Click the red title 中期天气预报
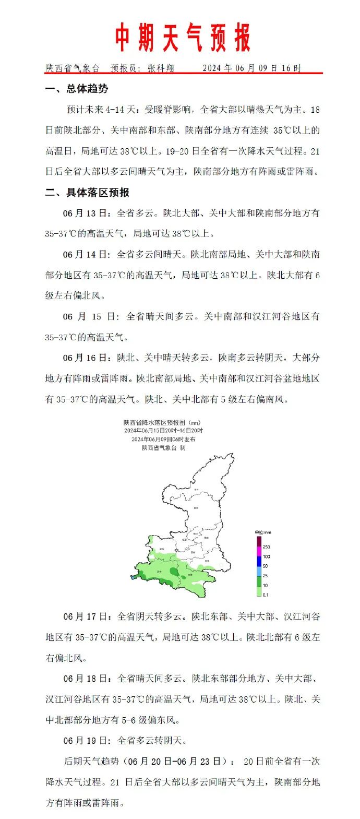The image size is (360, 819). point(182,38)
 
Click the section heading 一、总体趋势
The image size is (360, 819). point(77,89)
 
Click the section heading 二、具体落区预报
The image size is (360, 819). point(87,192)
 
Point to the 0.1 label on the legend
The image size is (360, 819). point(266,595)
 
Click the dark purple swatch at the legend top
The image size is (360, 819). point(258,541)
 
